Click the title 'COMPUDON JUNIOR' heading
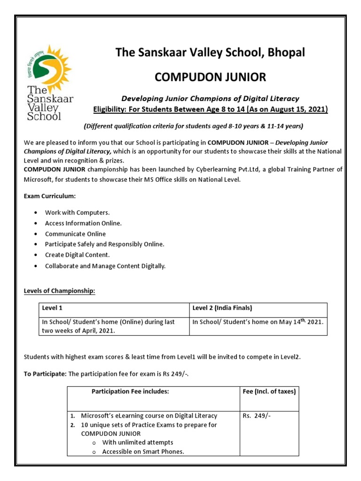click(x=210, y=77)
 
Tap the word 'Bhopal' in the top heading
click(x=286, y=53)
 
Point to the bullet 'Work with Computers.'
click(x=77, y=213)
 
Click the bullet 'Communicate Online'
click(x=75, y=234)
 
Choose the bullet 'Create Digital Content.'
click(x=77, y=255)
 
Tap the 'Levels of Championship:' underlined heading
click(x=59, y=291)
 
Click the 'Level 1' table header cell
click(x=52, y=308)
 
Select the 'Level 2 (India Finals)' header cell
click(x=222, y=308)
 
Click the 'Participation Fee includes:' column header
click(x=130, y=391)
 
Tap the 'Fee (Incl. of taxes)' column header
click(x=269, y=391)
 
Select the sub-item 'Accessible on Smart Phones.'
click(x=143, y=452)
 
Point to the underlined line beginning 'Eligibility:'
click(x=211, y=109)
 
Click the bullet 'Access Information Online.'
click(x=83, y=223)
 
